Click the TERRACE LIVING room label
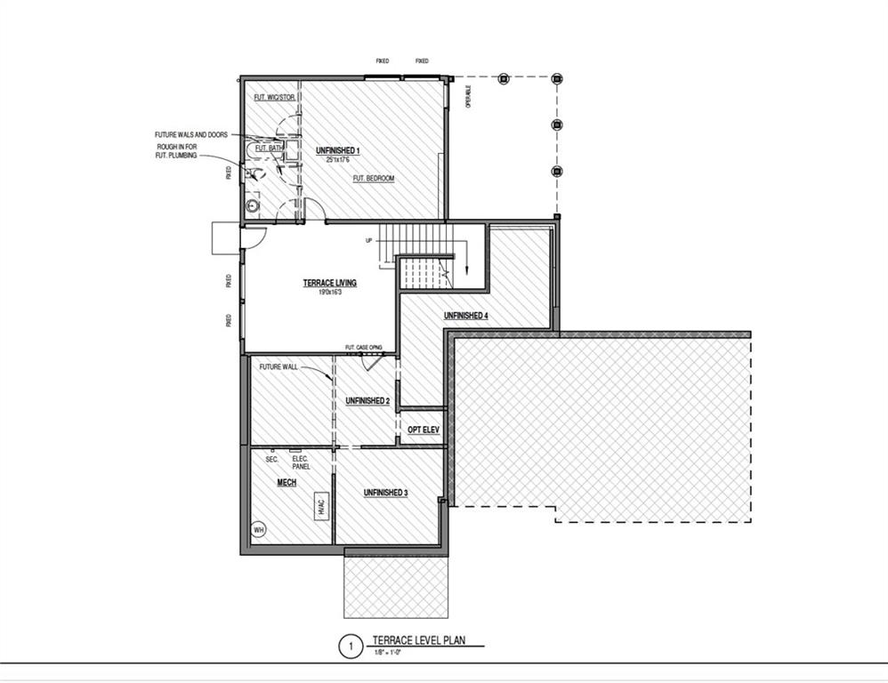click(330, 283)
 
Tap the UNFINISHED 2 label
click(367, 401)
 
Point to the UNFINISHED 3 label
click(385, 492)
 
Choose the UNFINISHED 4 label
click(465, 316)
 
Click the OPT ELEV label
click(424, 430)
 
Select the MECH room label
click(287, 483)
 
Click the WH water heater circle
click(259, 529)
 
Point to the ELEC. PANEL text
click(301, 462)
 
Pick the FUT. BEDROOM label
click(374, 179)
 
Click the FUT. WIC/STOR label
click(274, 97)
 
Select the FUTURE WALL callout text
click(278, 366)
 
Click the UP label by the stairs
click(368, 240)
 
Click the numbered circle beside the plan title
click(351, 646)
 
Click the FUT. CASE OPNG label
click(363, 348)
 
